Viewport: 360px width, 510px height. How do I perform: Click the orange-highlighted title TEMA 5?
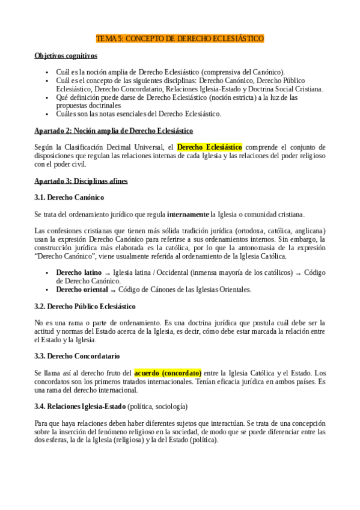point(180,38)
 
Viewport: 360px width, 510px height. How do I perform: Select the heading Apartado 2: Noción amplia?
point(114,130)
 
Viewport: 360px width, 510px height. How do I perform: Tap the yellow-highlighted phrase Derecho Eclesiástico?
point(210,146)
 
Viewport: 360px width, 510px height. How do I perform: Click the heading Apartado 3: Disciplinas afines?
point(81,180)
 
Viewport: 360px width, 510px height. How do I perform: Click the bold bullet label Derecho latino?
point(79,272)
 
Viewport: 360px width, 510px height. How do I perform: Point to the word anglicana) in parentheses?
point(308,231)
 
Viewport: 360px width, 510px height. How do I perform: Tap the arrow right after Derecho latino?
point(107,274)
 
